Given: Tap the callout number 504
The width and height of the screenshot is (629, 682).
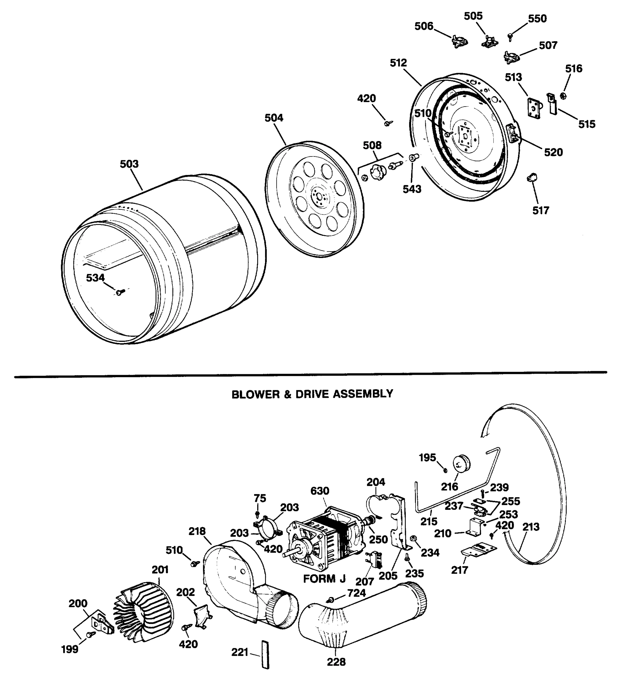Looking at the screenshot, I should point(274,118).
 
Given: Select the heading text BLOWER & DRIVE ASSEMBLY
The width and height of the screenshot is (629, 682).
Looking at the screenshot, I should point(312,394).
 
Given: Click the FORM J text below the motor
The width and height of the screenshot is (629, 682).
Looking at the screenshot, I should point(324,579).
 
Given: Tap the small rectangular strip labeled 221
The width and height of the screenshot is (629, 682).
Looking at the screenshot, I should point(265,654).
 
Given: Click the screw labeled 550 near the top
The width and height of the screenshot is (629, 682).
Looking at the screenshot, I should point(510,36).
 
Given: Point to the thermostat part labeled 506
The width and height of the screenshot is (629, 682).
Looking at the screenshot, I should point(459,41).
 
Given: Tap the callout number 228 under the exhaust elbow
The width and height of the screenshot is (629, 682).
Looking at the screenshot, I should point(336,662).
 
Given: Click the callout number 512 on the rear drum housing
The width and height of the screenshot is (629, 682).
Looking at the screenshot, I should point(398,63).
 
